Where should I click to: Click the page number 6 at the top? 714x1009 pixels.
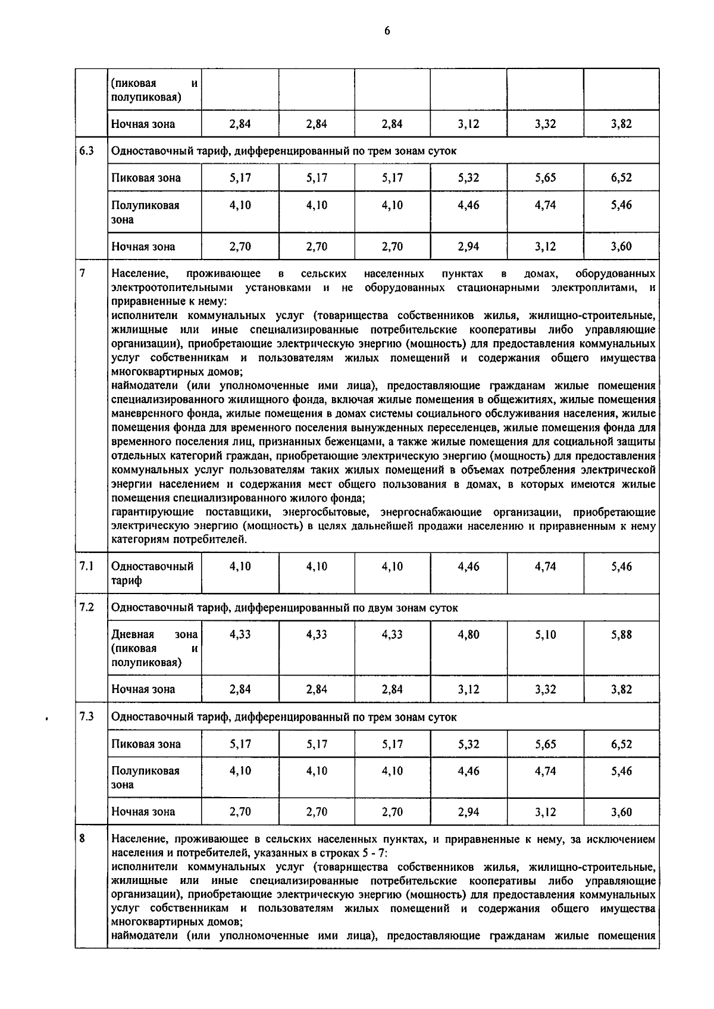pyautogui.click(x=387, y=32)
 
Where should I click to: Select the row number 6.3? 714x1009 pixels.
pyautogui.click(x=86, y=151)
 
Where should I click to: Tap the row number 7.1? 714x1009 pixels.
pyautogui.click(x=86, y=566)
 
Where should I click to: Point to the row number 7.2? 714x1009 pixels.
pyautogui.click(x=86, y=607)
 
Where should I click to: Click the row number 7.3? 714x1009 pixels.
pyautogui.click(x=86, y=717)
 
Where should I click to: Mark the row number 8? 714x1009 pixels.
pyautogui.click(x=83, y=839)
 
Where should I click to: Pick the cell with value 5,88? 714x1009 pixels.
pyautogui.click(x=621, y=635)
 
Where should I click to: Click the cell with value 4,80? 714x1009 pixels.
pyautogui.click(x=468, y=635)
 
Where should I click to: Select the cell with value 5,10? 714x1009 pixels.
pyautogui.click(x=545, y=635)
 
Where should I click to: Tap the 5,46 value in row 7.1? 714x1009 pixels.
pyautogui.click(x=621, y=566)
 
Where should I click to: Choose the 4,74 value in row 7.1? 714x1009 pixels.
pyautogui.click(x=545, y=566)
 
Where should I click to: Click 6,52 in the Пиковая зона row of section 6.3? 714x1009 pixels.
pyautogui.click(x=621, y=177)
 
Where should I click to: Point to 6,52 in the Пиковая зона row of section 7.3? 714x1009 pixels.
pyautogui.click(x=621, y=744)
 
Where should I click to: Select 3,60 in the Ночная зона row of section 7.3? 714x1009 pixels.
pyautogui.click(x=621, y=811)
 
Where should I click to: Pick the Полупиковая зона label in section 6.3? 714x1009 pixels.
pyautogui.click(x=145, y=212)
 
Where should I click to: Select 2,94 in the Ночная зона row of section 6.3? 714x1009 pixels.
pyautogui.click(x=468, y=246)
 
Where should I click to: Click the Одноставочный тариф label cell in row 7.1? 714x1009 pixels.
pyautogui.click(x=152, y=573)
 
